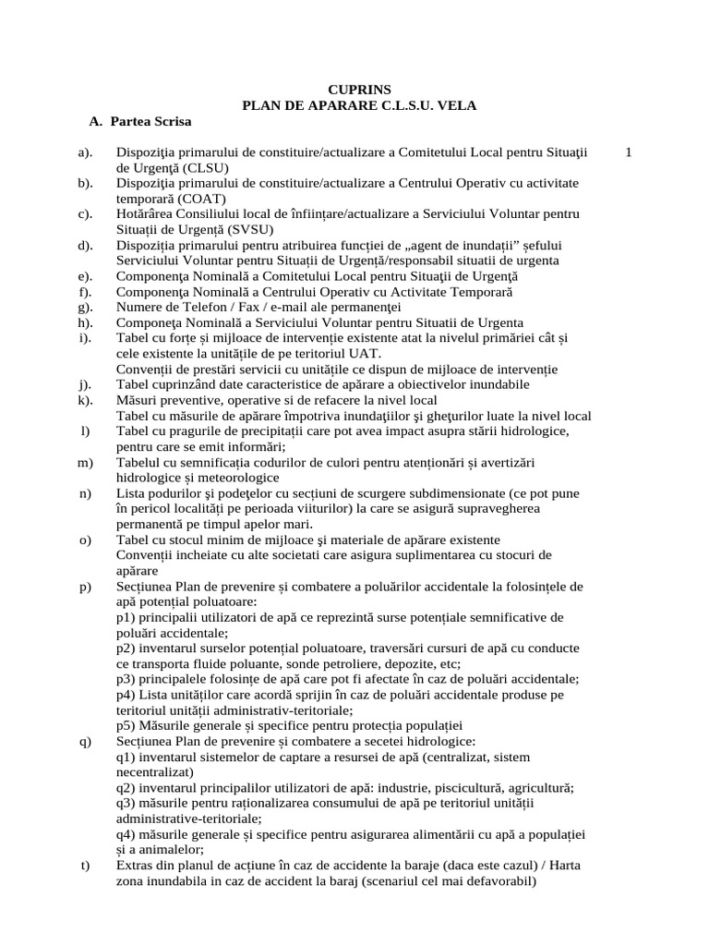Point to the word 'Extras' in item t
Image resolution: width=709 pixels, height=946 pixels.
136,865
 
